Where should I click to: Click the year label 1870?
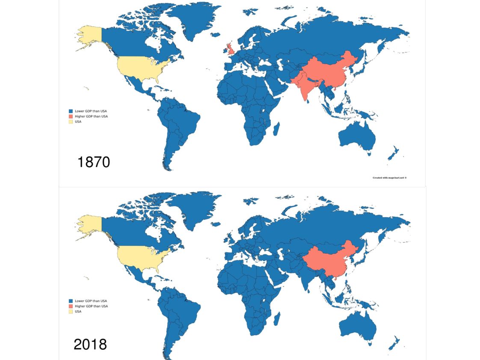[94, 162]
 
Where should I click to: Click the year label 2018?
[90, 344]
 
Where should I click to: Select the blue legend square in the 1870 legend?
[71, 111]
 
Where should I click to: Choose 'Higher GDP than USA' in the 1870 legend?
[91, 116]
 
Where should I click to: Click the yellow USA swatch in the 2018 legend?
[71, 311]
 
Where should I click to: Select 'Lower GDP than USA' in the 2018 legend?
[91, 301]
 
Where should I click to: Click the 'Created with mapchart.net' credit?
[389, 177]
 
